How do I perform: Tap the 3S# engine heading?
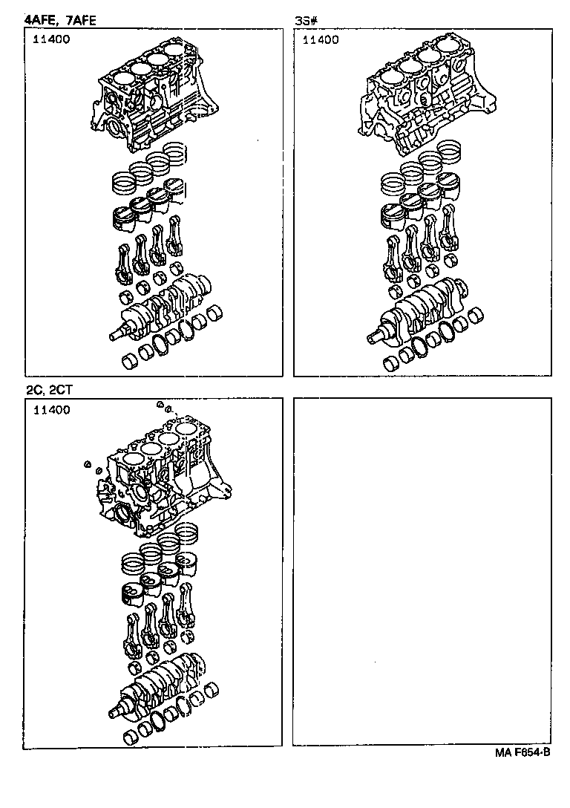coord(307,20)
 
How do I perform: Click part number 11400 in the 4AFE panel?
coord(51,40)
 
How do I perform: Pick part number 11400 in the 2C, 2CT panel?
coord(51,410)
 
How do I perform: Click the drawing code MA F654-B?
coord(522,752)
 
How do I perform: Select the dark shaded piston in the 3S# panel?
coord(390,215)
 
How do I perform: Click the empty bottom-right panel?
coord(422,572)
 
